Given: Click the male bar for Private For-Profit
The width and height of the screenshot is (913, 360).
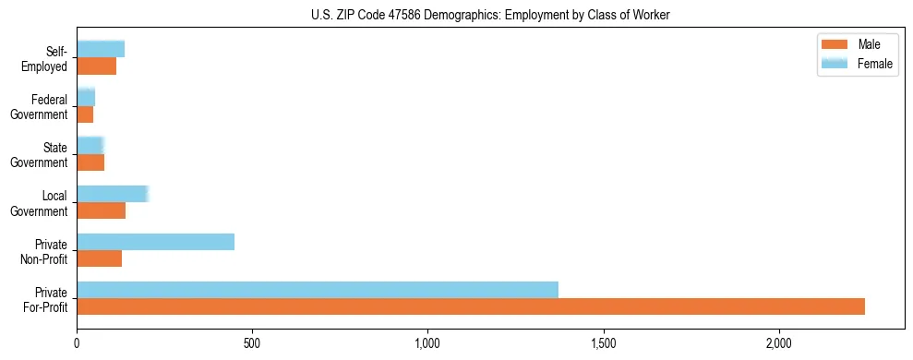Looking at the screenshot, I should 471,306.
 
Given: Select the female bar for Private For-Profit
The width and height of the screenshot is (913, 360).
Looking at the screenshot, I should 318,290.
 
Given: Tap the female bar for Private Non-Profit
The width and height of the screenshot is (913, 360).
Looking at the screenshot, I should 155,242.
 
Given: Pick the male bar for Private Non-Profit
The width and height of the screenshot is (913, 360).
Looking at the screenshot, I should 99,258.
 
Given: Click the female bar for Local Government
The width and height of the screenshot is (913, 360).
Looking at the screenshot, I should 113,194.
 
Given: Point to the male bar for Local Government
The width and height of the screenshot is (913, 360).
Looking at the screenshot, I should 101,210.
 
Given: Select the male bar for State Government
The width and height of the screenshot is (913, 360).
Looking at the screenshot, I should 90,162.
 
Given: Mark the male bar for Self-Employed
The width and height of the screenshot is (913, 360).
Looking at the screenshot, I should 96,66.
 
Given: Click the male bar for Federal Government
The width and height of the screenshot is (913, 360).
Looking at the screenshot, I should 85,114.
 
